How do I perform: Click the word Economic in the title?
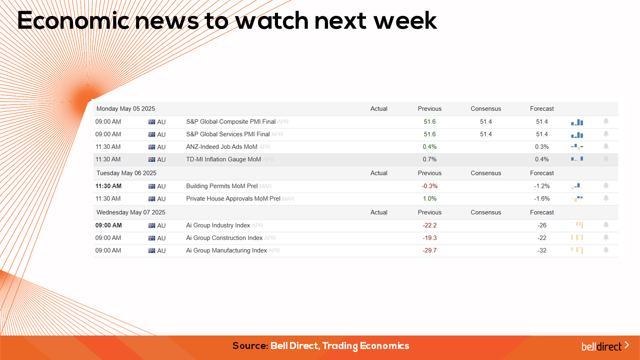[73, 20]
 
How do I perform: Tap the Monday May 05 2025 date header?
[125, 109]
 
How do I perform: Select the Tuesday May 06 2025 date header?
[126, 173]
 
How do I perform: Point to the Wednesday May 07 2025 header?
[131, 212]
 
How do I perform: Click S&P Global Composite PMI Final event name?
[231, 121]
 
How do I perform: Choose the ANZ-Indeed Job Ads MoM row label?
[221, 147]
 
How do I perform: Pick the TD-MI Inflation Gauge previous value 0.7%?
[429, 159]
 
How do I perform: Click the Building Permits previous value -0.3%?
[429, 186]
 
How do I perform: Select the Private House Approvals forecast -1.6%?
[541, 198]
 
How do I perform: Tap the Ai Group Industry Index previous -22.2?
[429, 225]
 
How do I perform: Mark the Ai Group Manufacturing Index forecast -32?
[541, 250]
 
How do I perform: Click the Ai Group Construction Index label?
[224, 238]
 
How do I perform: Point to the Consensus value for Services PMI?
[485, 134]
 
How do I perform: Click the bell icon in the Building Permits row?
[606, 185]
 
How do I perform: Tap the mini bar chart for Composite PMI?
[577, 122]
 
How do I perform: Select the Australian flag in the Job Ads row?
[151, 147]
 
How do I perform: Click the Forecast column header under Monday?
[541, 109]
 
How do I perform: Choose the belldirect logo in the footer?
[605, 346]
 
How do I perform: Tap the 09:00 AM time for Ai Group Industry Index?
[108, 225]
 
